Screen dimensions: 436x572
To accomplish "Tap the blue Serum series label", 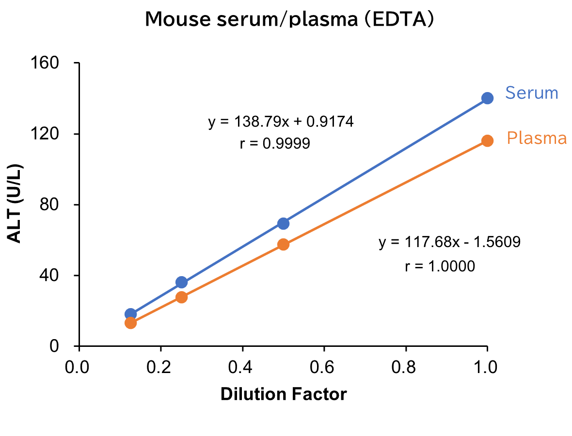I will (532, 93).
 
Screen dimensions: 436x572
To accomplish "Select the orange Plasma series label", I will (537, 139).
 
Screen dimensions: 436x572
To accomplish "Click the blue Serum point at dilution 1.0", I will (487, 98).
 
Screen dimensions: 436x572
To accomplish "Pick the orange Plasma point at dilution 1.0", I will (487, 140).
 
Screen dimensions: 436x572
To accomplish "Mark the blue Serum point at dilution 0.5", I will (284, 223).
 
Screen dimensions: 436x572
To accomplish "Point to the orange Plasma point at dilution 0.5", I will (284, 244).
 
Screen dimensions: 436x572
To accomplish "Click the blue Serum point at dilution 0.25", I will (181, 282).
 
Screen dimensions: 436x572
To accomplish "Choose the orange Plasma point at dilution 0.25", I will (181, 297).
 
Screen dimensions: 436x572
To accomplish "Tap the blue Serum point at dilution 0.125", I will (130, 313).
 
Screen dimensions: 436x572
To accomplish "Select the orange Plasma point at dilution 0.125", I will (130, 323).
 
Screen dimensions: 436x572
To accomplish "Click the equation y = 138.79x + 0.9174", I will (281, 122).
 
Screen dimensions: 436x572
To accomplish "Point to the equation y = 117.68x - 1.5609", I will (449, 242).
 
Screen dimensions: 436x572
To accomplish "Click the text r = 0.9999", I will (275, 144).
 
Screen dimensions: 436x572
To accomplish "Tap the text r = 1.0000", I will (440, 266).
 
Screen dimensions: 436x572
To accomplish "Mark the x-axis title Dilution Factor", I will (284, 394).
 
